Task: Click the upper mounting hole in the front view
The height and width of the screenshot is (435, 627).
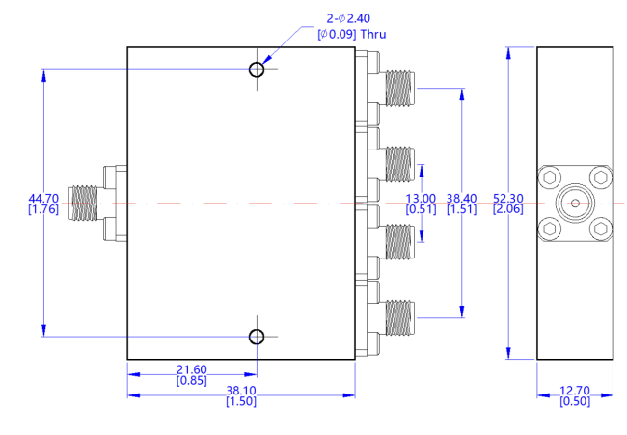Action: point(257,69)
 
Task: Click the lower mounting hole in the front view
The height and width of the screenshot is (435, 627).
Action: point(257,337)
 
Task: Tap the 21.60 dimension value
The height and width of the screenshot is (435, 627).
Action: point(193,370)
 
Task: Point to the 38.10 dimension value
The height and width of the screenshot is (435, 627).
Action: point(241,391)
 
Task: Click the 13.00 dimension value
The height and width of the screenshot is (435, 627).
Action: point(421,198)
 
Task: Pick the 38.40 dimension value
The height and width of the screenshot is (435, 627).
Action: point(463,198)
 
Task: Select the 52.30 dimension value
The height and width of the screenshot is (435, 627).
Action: point(508,198)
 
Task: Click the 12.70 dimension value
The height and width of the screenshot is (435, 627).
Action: point(575,391)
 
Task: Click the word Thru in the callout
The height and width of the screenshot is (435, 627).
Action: point(370,33)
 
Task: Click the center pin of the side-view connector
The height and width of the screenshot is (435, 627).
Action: point(575,204)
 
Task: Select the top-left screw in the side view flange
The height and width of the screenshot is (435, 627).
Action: point(550,178)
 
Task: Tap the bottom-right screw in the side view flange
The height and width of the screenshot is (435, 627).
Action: point(600,229)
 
